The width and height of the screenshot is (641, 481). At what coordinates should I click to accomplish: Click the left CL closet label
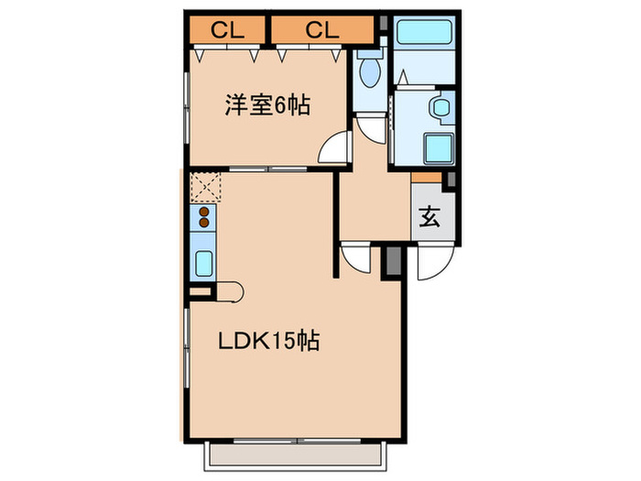click(229, 29)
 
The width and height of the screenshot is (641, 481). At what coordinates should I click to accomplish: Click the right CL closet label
click(322, 29)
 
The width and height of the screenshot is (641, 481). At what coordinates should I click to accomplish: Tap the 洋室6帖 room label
click(266, 106)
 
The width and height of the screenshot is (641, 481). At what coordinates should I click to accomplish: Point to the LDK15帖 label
click(267, 342)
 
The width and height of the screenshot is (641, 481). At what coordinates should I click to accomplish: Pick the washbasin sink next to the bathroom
click(440, 107)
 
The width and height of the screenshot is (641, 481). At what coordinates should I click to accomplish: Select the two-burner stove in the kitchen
click(202, 218)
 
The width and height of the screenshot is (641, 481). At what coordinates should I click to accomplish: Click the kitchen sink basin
click(202, 263)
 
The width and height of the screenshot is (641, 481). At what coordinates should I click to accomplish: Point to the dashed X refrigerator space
click(202, 187)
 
